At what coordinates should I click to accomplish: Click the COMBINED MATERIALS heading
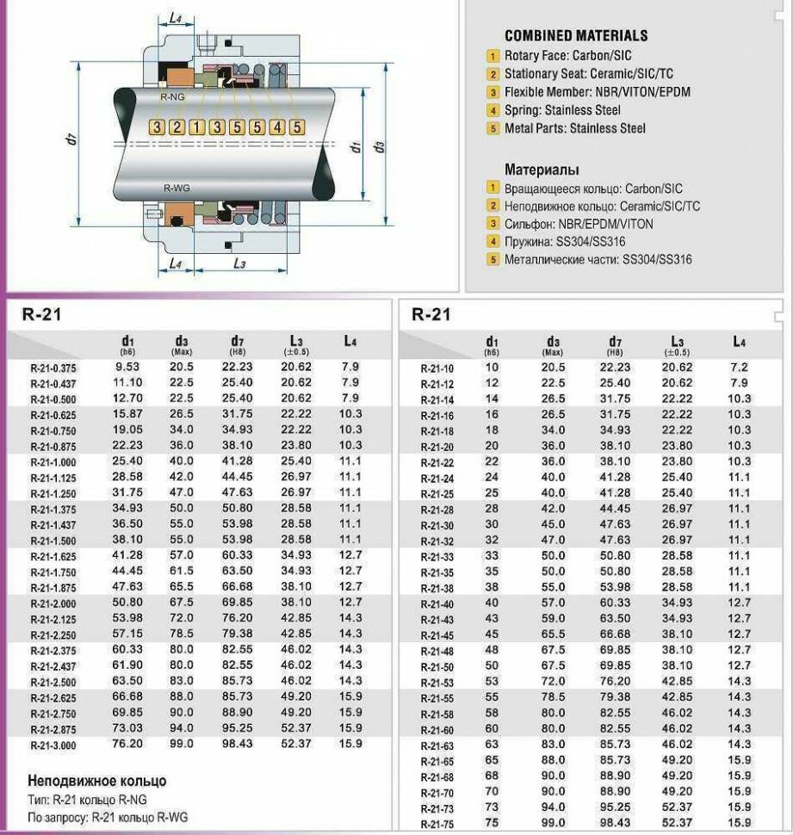pos(575,35)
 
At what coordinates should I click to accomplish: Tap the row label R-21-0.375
pos(53,368)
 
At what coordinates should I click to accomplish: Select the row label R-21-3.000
pos(53,745)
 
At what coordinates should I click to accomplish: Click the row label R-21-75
pos(437,825)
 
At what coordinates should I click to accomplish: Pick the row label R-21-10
pos(437,368)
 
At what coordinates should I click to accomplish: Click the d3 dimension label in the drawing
pos(378,146)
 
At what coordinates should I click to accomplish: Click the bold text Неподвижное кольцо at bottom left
pos(97,781)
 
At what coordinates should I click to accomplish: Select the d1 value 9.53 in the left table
pos(127,366)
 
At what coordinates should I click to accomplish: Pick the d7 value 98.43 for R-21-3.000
pos(238,744)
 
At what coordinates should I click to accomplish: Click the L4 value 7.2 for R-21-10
pos(739,367)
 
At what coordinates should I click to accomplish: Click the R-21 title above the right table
pos(431,314)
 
